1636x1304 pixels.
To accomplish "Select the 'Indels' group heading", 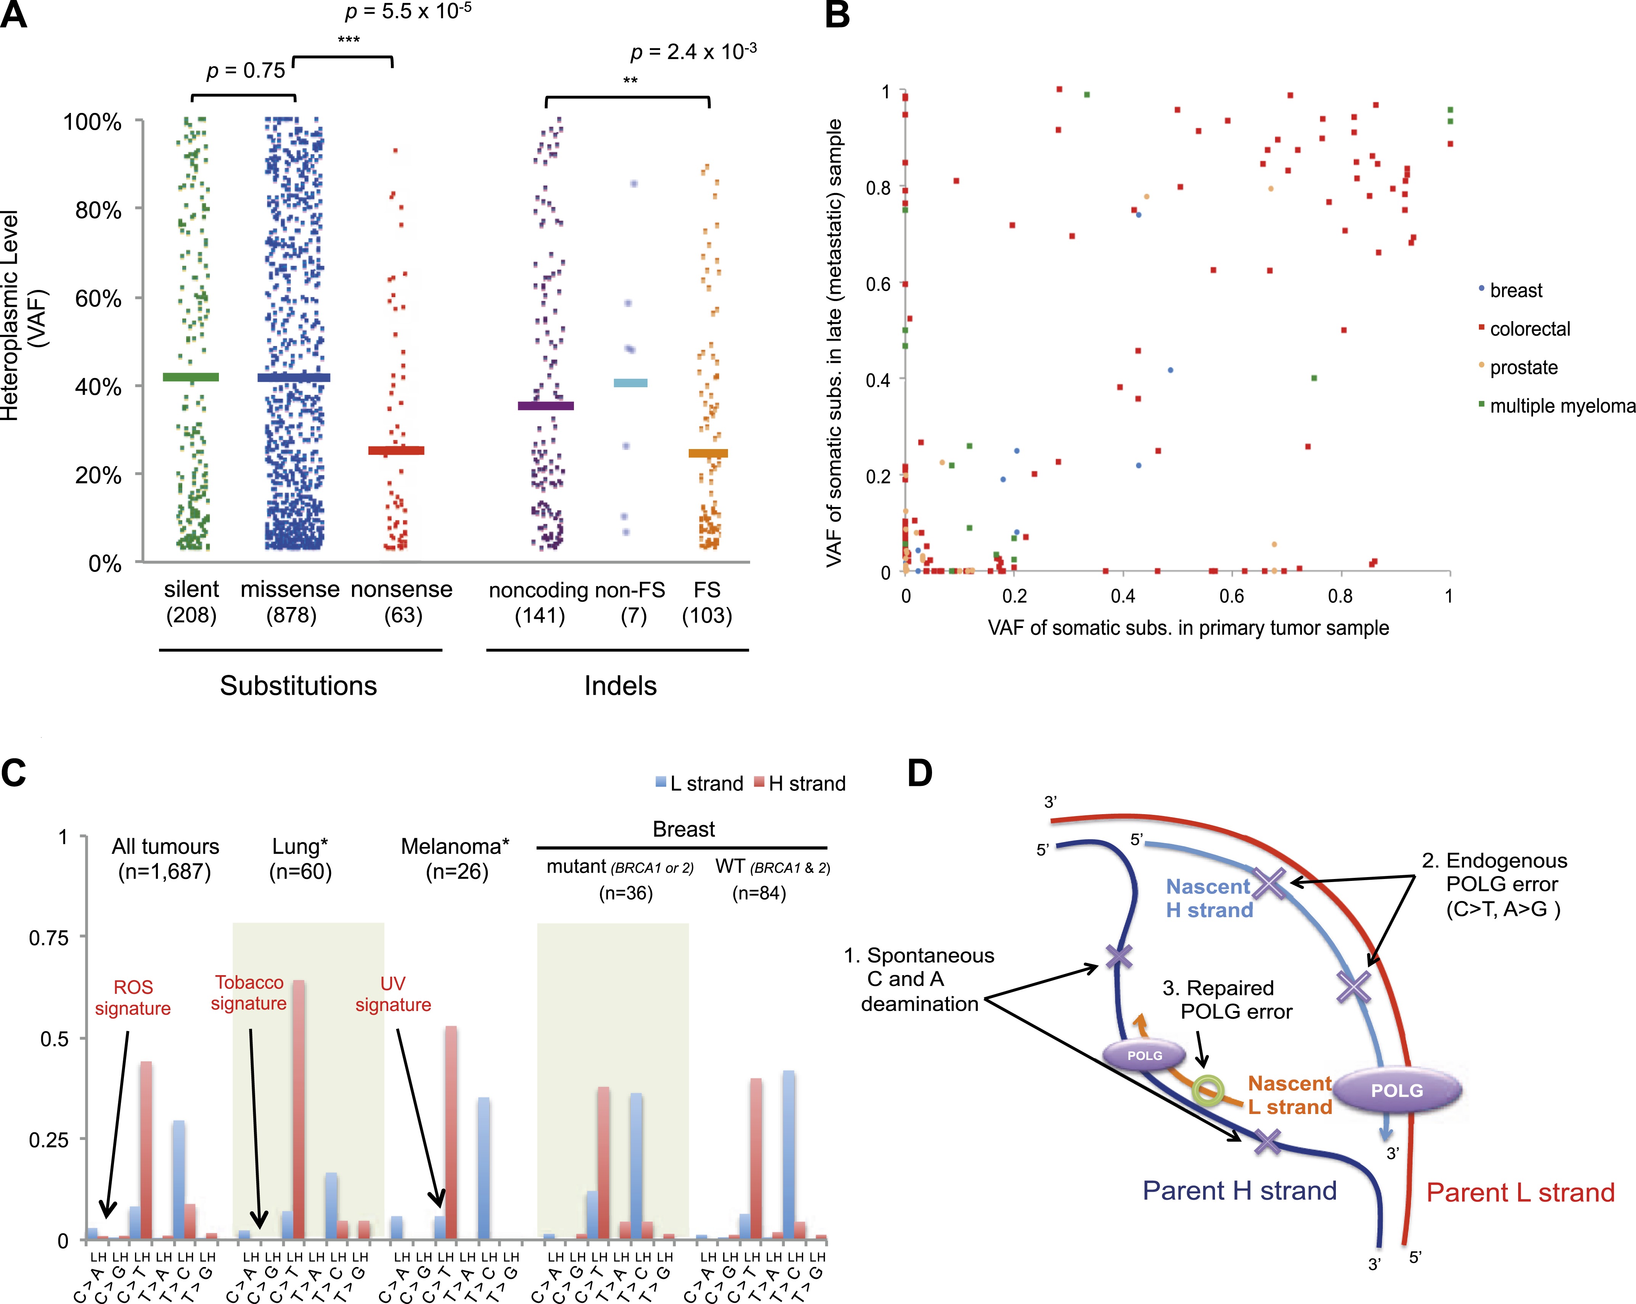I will (x=620, y=686).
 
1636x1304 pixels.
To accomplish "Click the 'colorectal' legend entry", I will (x=1529, y=328).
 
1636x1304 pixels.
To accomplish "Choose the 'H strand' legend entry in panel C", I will (x=806, y=783).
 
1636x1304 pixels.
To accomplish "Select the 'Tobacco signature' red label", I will (x=249, y=993).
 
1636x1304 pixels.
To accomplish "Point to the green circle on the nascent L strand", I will (x=1207, y=1091).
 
